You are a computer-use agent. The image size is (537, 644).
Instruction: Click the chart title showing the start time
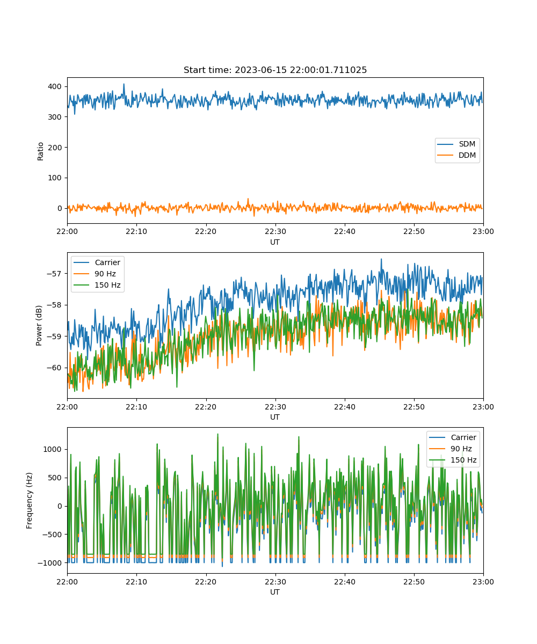(275, 70)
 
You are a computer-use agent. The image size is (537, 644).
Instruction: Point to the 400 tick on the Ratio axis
(55, 86)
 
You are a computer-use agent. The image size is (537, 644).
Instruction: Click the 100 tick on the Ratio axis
(55, 178)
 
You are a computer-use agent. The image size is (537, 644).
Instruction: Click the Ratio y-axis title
(40, 151)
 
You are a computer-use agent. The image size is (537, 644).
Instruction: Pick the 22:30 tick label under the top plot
(275, 231)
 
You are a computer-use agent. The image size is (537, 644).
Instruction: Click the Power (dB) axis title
(39, 325)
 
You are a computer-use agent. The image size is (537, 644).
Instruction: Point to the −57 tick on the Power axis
(54, 274)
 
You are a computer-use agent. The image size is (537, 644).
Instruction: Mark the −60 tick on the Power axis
(54, 368)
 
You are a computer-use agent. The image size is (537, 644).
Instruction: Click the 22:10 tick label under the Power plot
(136, 407)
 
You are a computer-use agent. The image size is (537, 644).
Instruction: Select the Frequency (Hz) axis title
(29, 501)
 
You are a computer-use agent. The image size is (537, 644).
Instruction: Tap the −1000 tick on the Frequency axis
(49, 563)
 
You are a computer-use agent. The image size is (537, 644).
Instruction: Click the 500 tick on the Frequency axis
(55, 478)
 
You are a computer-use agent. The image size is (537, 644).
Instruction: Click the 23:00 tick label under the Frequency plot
(483, 582)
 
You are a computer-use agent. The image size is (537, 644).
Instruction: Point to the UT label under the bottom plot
(275, 592)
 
